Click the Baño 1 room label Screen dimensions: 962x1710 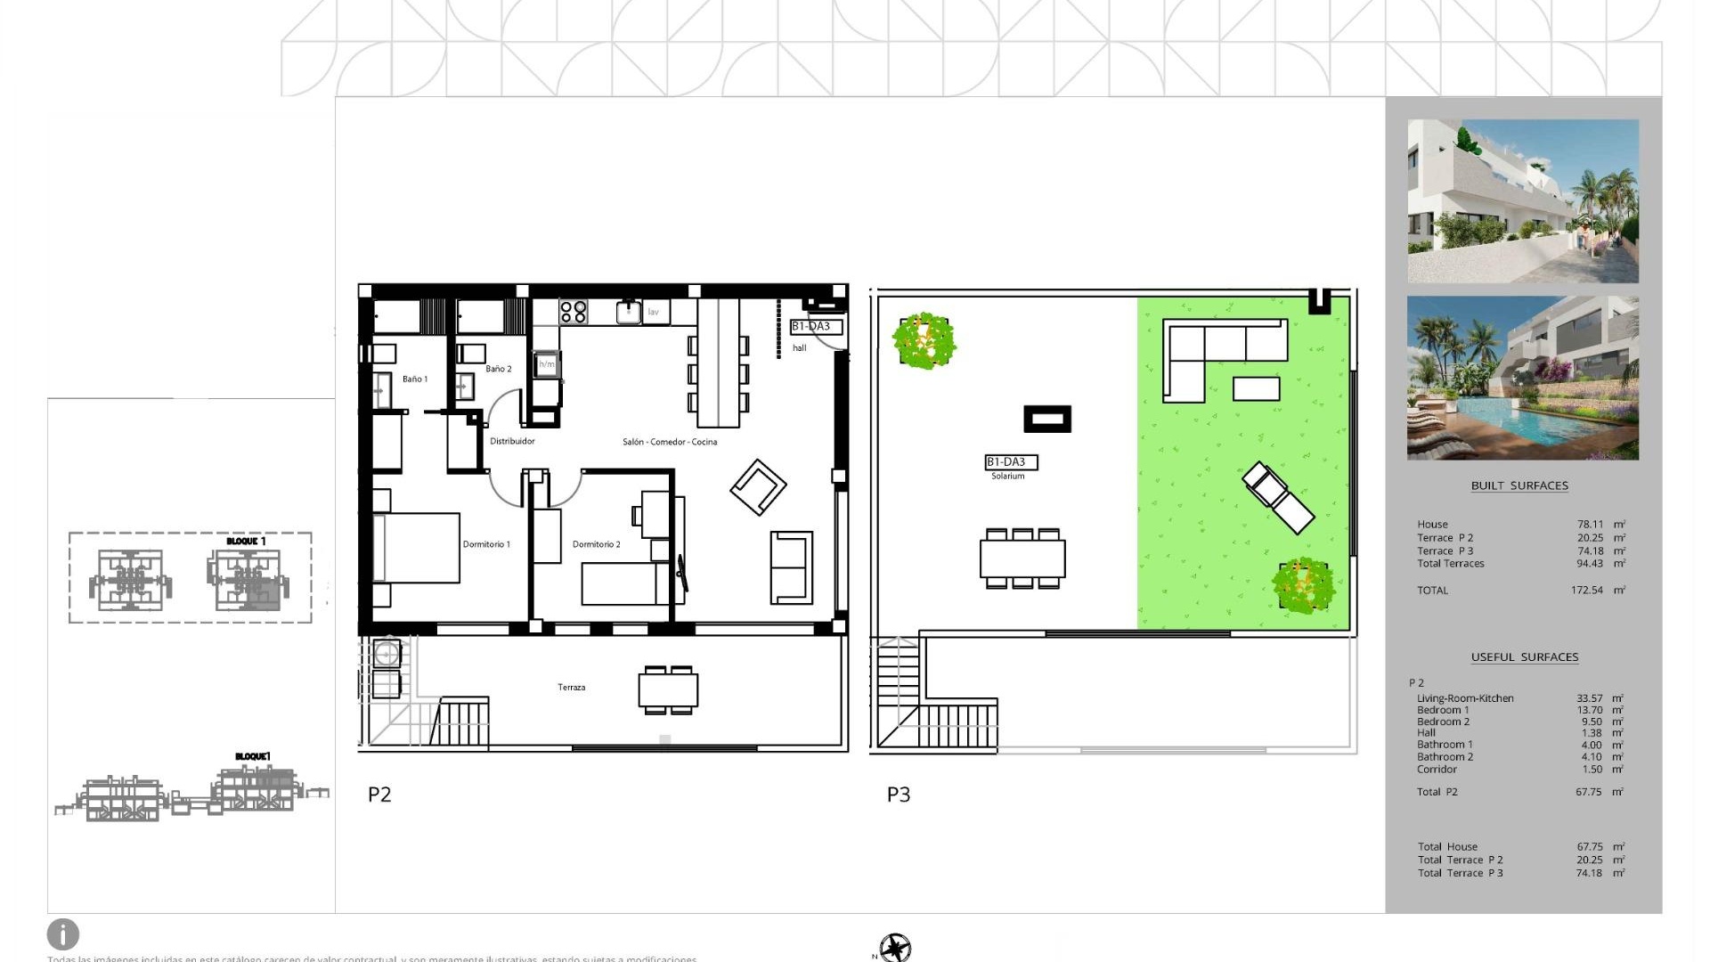415,379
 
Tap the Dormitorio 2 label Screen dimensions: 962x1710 596,544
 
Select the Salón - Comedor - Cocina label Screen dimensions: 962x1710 670,442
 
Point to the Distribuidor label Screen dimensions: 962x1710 512,441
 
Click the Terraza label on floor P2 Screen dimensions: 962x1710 572,688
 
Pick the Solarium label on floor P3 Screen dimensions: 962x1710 1008,477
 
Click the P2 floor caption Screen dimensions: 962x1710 379,795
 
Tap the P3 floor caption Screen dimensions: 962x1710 899,795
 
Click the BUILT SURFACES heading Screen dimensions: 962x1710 1519,485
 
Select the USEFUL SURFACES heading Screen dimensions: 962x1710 1525,657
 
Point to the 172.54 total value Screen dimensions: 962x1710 1587,591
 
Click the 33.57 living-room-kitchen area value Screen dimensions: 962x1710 1589,698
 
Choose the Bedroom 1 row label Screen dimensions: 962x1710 1443,710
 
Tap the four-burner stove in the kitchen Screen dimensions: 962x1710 574,312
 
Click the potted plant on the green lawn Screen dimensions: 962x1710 1304,586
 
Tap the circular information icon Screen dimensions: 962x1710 63,934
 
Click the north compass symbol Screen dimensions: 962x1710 895,947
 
